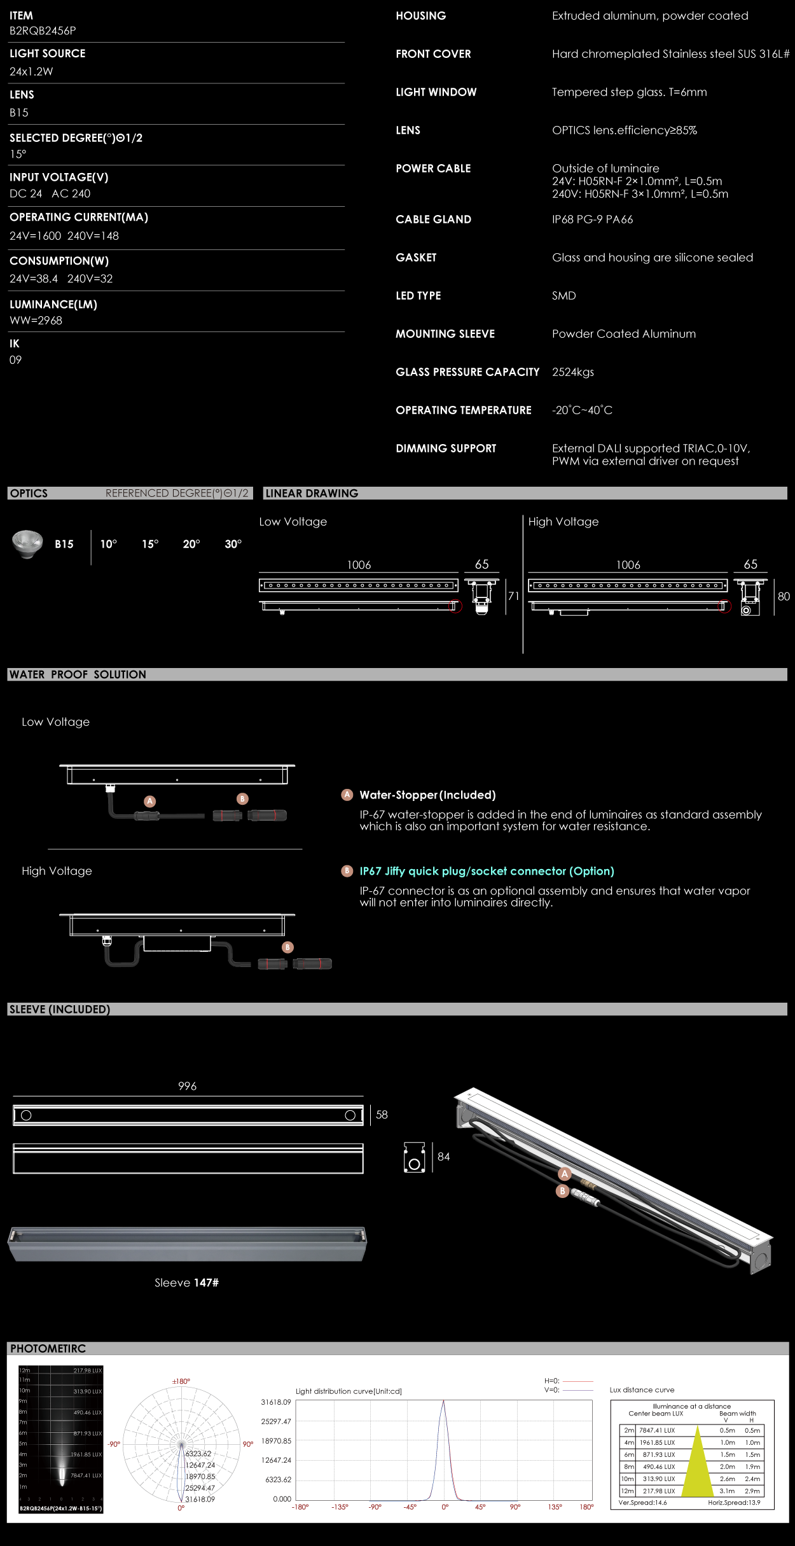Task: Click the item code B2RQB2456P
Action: click(x=43, y=31)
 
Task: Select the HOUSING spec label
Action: click(x=420, y=16)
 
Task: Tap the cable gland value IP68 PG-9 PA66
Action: click(x=592, y=219)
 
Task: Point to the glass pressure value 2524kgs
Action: click(x=572, y=372)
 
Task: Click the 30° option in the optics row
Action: click(x=233, y=544)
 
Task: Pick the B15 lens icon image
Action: click(x=27, y=543)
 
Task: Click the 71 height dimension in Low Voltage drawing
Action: click(x=513, y=596)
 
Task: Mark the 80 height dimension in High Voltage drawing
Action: click(x=784, y=596)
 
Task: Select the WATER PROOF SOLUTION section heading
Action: click(x=78, y=674)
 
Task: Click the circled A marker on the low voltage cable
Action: click(x=150, y=801)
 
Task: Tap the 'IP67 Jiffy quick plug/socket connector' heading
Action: click(x=487, y=871)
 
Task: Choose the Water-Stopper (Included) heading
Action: click(x=427, y=795)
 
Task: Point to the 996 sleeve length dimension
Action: click(x=187, y=1086)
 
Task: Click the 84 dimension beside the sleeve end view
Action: click(x=443, y=1157)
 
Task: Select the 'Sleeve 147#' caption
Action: click(x=186, y=1283)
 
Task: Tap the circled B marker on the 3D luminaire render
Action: click(x=562, y=1191)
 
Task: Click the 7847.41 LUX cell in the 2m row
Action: click(x=657, y=1430)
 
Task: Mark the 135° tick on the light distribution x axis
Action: click(x=555, y=1507)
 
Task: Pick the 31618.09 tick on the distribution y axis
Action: click(x=276, y=1402)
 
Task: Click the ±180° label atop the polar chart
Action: click(x=181, y=1381)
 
